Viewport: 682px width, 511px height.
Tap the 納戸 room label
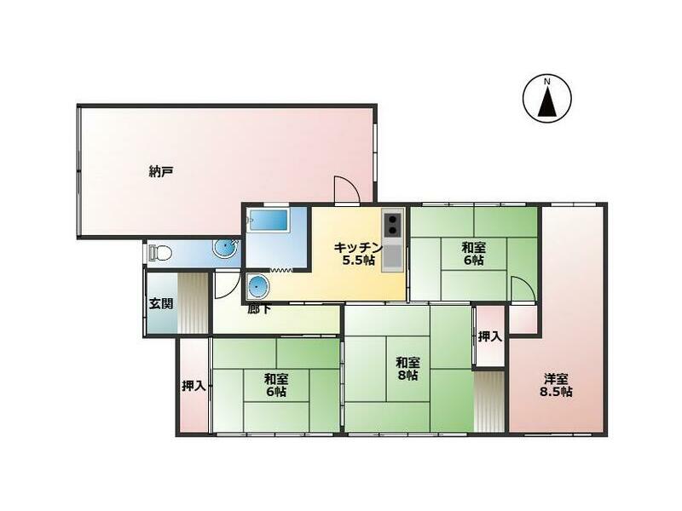pos(161,171)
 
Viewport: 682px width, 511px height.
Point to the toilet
pos(160,252)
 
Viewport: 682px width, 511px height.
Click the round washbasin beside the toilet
pos(223,250)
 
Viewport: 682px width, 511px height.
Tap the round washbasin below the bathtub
pos(258,285)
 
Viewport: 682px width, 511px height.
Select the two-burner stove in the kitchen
pos(392,224)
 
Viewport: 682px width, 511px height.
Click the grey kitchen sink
pos(392,257)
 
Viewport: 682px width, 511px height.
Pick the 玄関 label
pos(161,303)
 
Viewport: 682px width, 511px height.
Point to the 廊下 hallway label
pos(260,308)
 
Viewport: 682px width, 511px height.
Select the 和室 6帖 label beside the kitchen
pos(474,254)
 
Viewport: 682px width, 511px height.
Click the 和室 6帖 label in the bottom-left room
pos(275,385)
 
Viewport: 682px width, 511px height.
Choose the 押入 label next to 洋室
pos(489,336)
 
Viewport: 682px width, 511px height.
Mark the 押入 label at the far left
pos(194,386)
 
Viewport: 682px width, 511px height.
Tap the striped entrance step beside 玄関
pos(193,303)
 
